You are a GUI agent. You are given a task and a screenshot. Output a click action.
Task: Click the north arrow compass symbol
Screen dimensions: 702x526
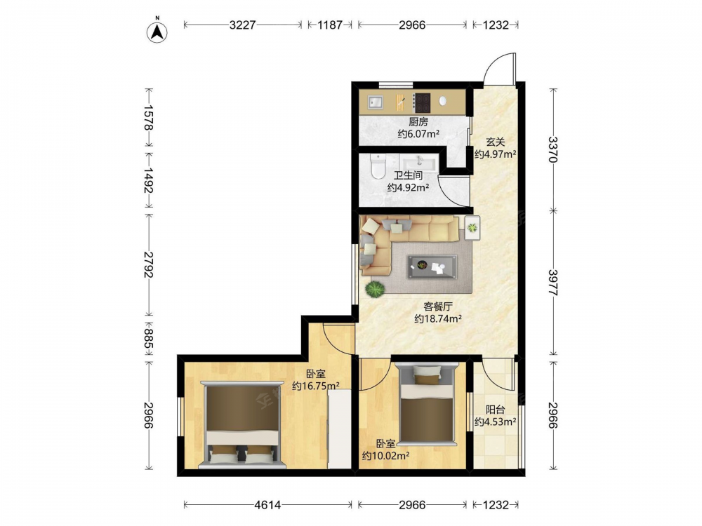point(157,32)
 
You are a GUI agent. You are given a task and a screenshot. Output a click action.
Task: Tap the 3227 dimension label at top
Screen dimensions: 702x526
point(242,25)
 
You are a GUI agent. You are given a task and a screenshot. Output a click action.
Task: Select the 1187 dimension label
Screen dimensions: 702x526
point(330,25)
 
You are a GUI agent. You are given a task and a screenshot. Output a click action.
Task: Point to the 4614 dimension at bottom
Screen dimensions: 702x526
point(267,505)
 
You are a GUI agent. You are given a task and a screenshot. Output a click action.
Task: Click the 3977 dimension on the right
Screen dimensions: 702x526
point(553,282)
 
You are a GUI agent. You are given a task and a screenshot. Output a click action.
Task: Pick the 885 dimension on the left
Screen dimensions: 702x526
point(149,338)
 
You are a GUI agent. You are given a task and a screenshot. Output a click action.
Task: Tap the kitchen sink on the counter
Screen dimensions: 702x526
point(375,103)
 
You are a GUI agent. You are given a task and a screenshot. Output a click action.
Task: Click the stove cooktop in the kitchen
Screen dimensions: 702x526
point(421,102)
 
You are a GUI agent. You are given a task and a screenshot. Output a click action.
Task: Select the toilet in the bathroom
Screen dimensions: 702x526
point(378,166)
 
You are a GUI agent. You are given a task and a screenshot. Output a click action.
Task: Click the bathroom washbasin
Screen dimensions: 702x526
point(420,163)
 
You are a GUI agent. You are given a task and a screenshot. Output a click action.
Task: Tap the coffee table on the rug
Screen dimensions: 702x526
point(432,267)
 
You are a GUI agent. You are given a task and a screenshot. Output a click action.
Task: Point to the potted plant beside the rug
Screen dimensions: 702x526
point(375,289)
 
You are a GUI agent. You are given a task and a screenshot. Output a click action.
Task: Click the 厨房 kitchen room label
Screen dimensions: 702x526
point(418,121)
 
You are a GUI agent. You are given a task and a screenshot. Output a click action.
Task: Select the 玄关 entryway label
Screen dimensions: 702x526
point(496,142)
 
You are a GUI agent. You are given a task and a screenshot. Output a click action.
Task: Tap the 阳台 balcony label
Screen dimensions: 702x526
point(496,410)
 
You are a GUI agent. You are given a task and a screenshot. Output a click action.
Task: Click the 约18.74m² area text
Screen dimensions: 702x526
point(438,319)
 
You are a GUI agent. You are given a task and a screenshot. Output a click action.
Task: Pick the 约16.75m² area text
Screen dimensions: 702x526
point(315,386)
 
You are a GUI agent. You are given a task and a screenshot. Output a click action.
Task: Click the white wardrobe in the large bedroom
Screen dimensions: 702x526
point(339,429)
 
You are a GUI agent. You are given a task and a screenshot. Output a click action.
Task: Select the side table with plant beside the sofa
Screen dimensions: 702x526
point(472,228)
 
